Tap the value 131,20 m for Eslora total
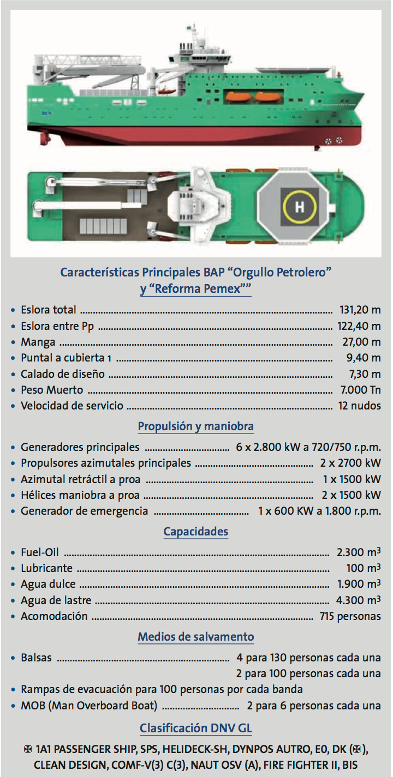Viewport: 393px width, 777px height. pos(360,310)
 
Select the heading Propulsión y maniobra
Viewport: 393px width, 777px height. pos(195,426)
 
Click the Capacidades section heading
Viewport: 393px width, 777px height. pos(195,531)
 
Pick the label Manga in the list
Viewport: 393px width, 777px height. pos(38,342)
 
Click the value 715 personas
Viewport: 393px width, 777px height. pos(350,616)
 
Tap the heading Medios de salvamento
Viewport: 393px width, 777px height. pos(195,636)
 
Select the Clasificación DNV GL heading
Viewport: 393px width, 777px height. pos(195,728)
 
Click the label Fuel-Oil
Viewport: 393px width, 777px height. pos(39,552)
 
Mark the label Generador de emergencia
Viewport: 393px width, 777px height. pos(84,511)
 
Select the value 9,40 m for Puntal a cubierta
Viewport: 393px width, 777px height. pos(364,358)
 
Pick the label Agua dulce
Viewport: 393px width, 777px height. pos(48,584)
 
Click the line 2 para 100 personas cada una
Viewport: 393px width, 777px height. pos(308,673)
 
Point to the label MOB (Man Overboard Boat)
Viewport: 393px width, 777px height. pos(89,706)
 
